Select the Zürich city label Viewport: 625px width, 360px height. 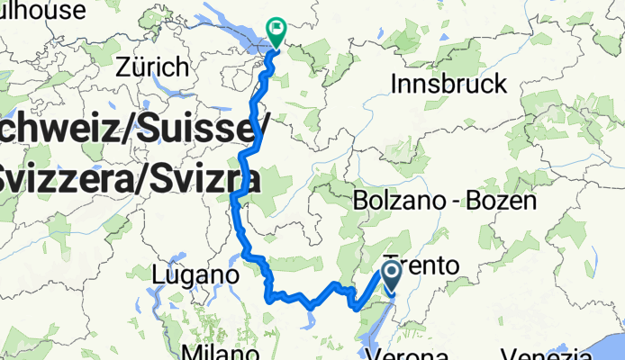point(153,67)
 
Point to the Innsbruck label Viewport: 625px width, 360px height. point(449,85)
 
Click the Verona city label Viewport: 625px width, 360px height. point(413,353)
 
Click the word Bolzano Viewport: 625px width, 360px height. point(400,200)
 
